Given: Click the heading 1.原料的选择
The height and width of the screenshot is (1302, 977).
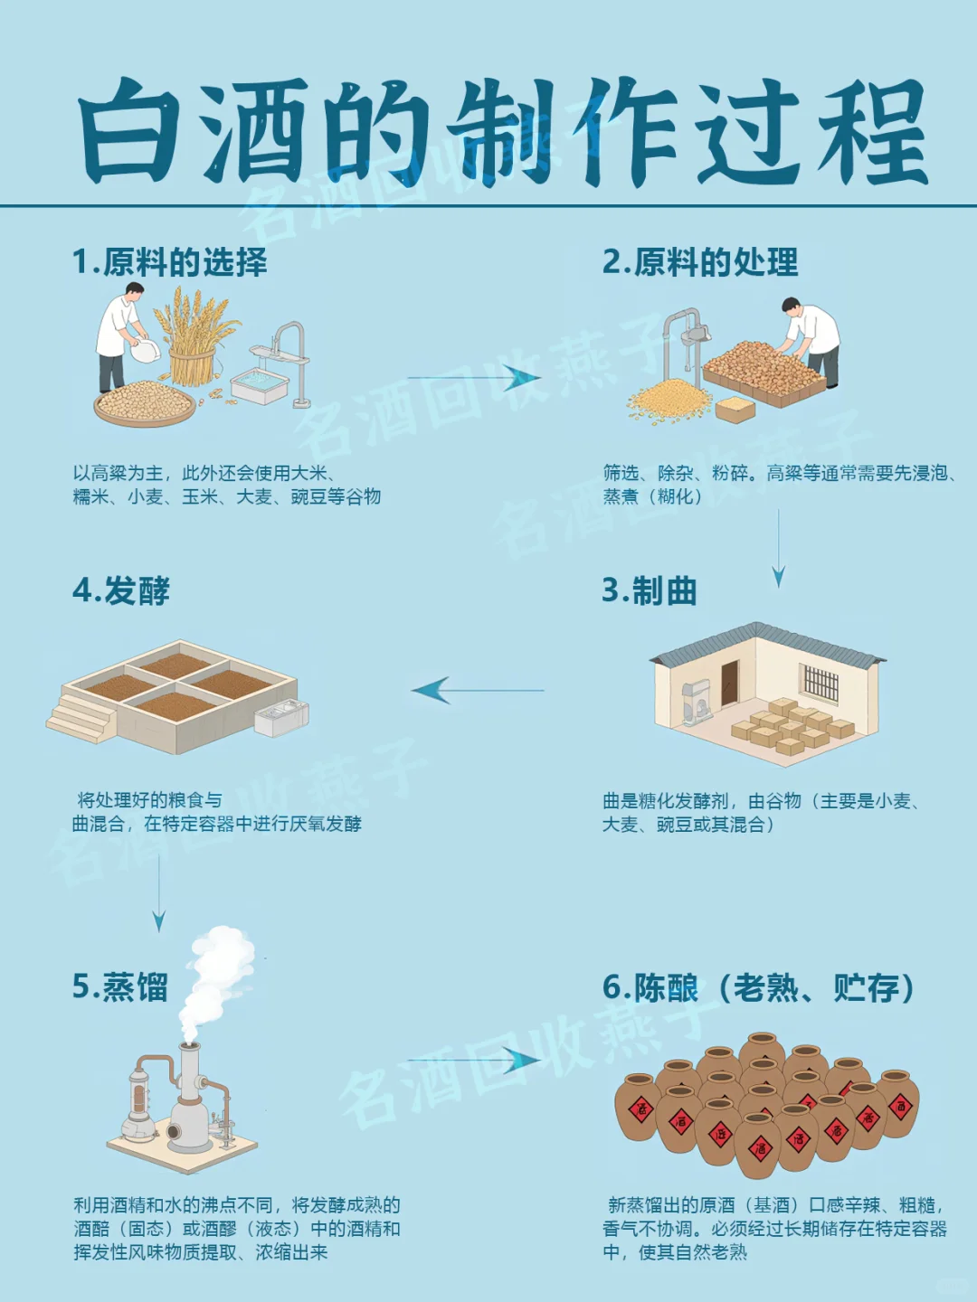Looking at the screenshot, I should (170, 262).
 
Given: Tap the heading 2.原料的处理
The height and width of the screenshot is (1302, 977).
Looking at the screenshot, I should (700, 262).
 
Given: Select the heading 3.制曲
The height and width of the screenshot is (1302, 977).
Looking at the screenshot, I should (650, 591).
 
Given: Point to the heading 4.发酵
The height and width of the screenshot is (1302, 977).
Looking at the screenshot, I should (121, 591).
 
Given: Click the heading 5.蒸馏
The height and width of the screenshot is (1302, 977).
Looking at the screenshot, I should (120, 986).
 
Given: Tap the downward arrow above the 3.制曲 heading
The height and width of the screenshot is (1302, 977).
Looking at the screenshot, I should (778, 548).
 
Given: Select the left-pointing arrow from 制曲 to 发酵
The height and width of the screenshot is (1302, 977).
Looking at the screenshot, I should (477, 691).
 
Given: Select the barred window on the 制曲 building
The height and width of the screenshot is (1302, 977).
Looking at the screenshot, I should (821, 683).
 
